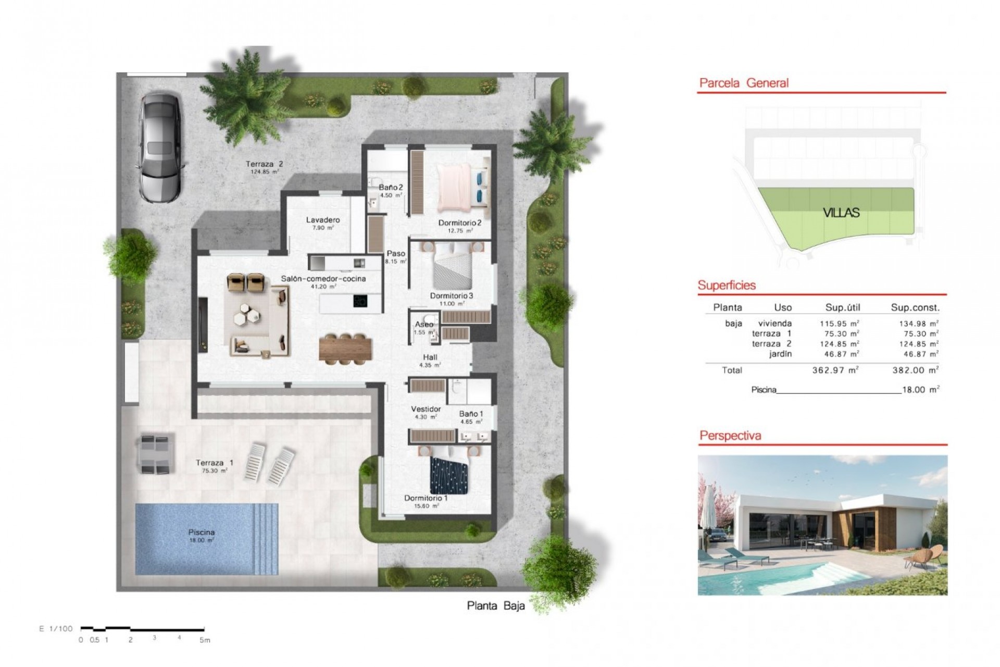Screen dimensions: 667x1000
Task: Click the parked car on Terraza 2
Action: (x=160, y=147)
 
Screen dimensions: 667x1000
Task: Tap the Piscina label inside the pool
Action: (x=201, y=533)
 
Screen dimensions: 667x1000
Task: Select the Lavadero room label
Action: (x=322, y=220)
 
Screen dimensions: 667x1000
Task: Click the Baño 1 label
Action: (x=471, y=414)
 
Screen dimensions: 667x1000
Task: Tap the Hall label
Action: (x=430, y=357)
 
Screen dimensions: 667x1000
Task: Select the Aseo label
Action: (x=424, y=324)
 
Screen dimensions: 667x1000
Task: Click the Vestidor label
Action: (x=426, y=409)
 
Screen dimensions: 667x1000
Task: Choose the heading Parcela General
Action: (x=744, y=83)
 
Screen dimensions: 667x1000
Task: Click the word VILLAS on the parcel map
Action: (x=841, y=213)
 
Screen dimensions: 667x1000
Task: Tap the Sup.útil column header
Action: (x=842, y=307)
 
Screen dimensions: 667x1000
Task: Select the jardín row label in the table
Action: (x=780, y=354)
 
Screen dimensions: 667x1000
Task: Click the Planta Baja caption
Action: (x=495, y=606)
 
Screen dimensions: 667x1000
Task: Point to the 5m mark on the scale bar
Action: (x=204, y=640)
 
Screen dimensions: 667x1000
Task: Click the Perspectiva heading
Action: (x=730, y=436)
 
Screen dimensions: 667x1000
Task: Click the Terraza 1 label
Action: (x=214, y=463)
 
